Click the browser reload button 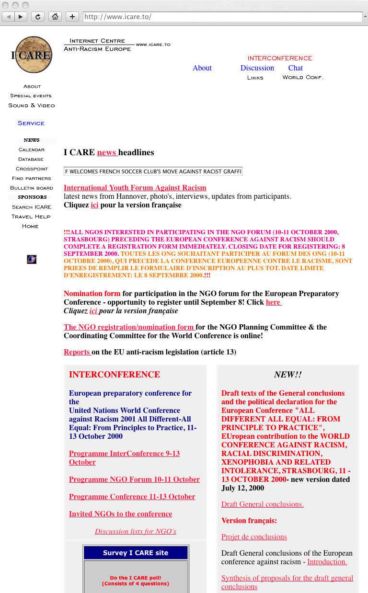coord(38,17)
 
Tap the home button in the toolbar coord(56,17)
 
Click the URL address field coord(223,17)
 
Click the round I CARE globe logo coord(32,55)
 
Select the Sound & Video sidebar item coord(32,105)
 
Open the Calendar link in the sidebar coord(32,150)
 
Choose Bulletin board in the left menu coord(32,188)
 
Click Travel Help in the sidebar coord(31,217)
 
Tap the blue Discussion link coord(257,68)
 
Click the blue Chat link coord(296,68)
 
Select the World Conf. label coord(303,78)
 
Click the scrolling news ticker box coord(153,171)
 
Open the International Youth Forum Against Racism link coord(135,188)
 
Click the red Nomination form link coord(92,294)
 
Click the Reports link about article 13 coord(77,352)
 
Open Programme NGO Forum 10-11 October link coord(134,479)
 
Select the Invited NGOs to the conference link coord(120,514)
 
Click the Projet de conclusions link coord(254,537)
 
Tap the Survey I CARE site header coord(136,553)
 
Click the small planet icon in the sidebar coord(32,260)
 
